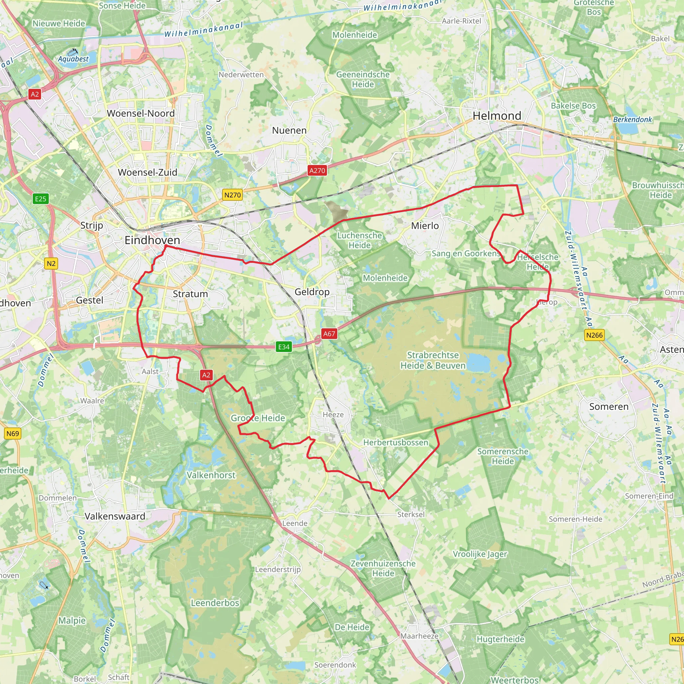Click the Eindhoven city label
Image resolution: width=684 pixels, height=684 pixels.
coord(152,240)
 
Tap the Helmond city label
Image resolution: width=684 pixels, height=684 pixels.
coord(497,116)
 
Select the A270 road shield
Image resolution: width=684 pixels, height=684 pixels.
coord(317,171)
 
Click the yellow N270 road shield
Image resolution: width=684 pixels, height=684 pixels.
coord(232,195)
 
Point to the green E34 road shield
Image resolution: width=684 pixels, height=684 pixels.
coord(284,347)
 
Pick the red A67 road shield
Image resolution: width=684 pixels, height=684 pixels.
coord(329,334)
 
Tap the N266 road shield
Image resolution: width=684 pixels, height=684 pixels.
coord(594,335)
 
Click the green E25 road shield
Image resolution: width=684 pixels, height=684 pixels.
coord(40,199)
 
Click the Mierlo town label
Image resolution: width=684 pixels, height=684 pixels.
coord(424,226)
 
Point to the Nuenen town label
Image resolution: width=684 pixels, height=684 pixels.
coord(289,131)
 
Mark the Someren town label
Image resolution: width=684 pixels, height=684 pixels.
coord(609,407)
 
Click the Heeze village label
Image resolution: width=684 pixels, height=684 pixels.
coord(333,415)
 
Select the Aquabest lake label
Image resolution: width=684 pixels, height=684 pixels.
coord(73,59)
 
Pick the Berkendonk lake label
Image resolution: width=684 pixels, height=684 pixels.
coord(632,120)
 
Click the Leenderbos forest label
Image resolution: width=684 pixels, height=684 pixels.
coord(215,603)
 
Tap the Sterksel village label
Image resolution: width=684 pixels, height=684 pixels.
coord(411,514)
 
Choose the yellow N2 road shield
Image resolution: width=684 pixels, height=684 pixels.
coord(51,264)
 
